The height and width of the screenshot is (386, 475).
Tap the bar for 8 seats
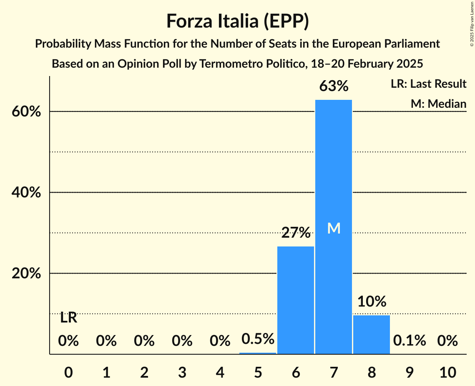[x=371, y=334]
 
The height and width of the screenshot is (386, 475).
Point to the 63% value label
[x=334, y=86]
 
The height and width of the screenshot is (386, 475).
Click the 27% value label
[x=296, y=233]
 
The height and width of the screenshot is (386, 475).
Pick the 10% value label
[x=372, y=301]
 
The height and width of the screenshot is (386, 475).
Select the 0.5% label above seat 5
[x=258, y=339]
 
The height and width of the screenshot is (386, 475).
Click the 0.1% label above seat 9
[x=410, y=340]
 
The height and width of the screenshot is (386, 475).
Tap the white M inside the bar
[x=334, y=228]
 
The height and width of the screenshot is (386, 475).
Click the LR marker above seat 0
[x=68, y=318]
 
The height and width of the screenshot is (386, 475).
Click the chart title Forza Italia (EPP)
[x=237, y=21]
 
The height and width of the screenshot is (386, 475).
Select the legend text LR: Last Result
[x=428, y=84]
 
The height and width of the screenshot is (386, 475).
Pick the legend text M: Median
[x=438, y=104]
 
